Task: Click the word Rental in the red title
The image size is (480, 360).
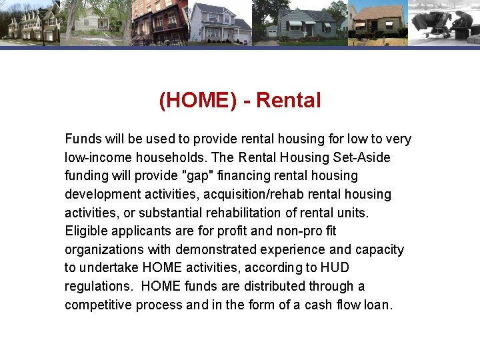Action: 288,101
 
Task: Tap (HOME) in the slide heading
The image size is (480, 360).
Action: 198,101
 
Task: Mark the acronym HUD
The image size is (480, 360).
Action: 335,268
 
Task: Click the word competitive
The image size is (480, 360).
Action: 98,305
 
